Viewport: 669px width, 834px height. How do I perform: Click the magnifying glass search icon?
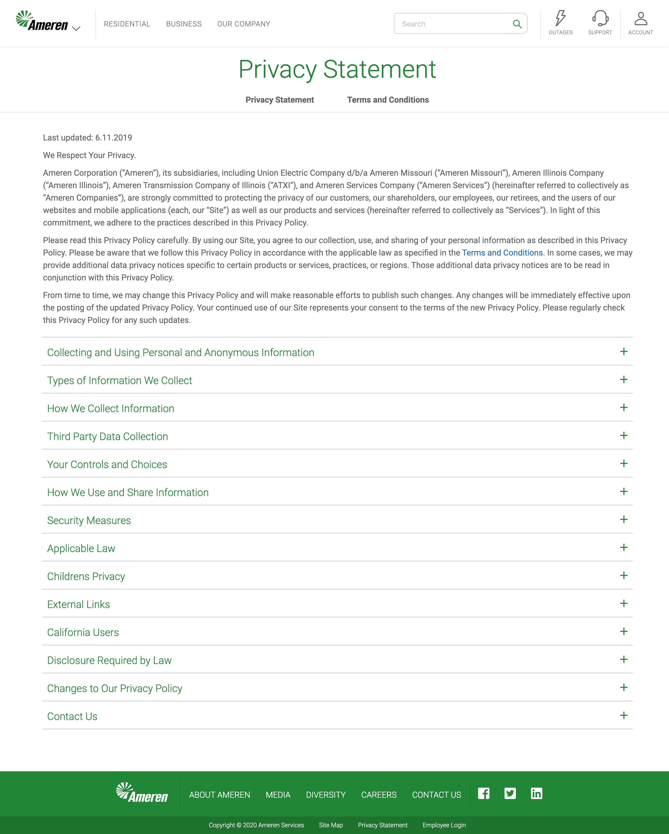[517, 24]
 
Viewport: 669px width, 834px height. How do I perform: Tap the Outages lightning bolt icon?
[560, 18]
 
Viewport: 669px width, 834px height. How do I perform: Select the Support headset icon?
[600, 18]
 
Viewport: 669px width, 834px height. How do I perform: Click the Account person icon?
[640, 18]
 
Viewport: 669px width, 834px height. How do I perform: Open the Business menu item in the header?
[184, 24]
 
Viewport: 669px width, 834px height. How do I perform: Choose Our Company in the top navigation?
[244, 24]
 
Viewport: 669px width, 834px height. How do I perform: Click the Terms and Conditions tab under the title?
[388, 100]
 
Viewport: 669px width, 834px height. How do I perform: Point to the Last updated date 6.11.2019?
[114, 138]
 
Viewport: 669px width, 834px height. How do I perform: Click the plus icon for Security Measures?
[623, 520]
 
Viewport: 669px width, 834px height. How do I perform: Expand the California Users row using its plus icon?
[623, 631]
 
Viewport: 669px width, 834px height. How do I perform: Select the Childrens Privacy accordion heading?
[86, 576]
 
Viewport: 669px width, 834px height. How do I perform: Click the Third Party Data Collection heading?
[108, 436]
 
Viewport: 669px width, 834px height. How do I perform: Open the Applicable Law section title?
[81, 548]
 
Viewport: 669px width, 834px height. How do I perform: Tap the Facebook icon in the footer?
[483, 793]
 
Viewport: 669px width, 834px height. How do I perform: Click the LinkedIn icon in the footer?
[536, 793]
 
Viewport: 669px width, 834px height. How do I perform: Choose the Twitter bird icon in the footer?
[510, 793]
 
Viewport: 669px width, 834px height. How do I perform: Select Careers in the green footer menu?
[379, 795]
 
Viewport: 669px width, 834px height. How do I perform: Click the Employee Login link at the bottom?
[444, 825]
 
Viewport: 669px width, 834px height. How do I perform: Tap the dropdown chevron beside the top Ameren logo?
[76, 28]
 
